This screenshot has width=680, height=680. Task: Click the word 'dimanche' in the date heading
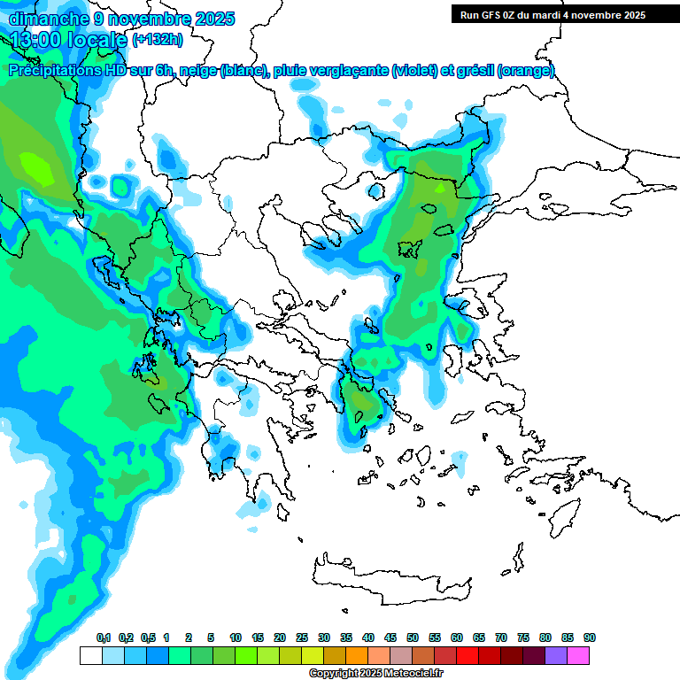[x=48, y=18]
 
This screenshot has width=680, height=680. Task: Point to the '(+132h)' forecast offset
[x=158, y=39]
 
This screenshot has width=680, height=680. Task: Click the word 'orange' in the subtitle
[x=525, y=71]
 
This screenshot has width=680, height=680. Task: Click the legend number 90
[x=590, y=637]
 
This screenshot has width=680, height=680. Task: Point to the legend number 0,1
[x=103, y=637]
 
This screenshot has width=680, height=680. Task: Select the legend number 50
[x=413, y=637]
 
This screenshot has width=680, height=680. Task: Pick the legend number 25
[x=302, y=637]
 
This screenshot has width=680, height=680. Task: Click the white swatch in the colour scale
[x=91, y=655]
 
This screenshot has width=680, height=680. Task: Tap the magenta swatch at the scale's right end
[x=578, y=655]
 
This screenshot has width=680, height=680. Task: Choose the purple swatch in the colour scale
[x=556, y=655]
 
